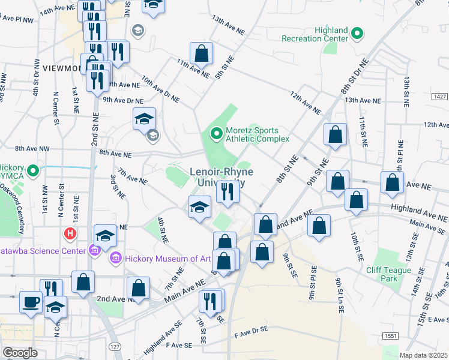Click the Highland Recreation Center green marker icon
click(x=357, y=33)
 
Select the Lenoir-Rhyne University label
click(x=221, y=178)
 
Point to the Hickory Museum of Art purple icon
click(x=115, y=259)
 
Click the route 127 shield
click(x=114, y=347)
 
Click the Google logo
click(x=20, y=353)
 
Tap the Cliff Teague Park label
click(x=390, y=274)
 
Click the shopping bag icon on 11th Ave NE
click(x=202, y=54)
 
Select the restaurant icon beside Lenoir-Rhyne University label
click(x=228, y=192)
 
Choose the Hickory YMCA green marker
click(x=33, y=172)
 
